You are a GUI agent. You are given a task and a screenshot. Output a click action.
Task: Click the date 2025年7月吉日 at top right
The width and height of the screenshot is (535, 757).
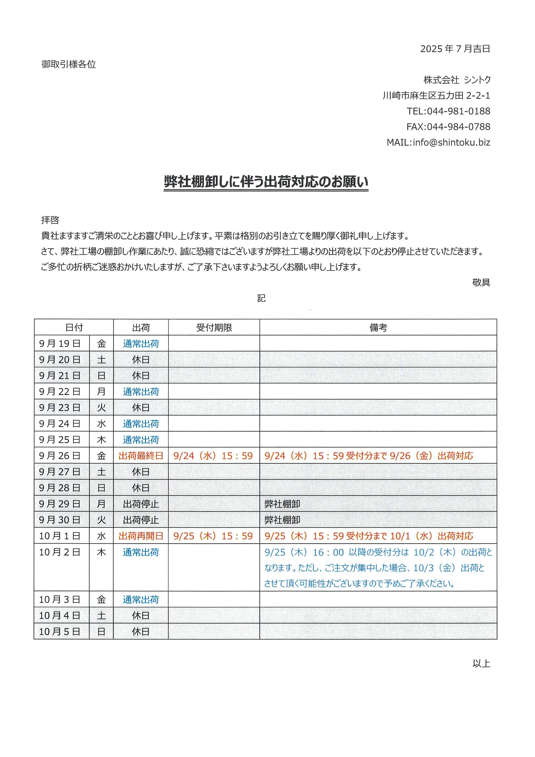tap(455, 49)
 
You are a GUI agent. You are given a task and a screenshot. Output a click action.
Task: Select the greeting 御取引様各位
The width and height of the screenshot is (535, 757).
tap(69, 64)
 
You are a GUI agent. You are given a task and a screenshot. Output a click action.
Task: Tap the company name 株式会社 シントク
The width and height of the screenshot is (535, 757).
tap(457, 80)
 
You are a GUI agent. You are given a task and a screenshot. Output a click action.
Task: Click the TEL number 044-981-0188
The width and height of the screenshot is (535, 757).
tap(458, 111)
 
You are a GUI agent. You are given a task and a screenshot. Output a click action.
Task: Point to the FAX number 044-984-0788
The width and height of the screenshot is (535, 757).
tap(458, 127)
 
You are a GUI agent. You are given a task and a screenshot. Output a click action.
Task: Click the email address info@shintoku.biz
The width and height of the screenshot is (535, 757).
tap(451, 142)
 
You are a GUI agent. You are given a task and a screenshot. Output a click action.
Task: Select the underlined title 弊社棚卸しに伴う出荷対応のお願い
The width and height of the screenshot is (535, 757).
tap(266, 182)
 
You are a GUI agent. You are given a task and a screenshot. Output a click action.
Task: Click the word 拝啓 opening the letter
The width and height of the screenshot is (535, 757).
tap(50, 220)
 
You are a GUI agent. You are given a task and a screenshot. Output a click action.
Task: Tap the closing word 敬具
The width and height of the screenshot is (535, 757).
tap(481, 283)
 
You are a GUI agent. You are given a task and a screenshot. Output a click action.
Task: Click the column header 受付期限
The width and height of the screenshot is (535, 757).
tap(214, 327)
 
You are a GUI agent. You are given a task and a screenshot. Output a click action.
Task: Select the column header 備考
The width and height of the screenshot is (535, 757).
tap(378, 327)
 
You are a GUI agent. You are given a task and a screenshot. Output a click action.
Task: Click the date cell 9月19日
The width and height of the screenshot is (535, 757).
tap(60, 344)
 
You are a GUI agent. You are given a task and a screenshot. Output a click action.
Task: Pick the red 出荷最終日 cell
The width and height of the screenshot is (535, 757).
tap(141, 456)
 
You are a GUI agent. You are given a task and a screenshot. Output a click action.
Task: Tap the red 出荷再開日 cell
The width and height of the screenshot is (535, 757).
tap(141, 536)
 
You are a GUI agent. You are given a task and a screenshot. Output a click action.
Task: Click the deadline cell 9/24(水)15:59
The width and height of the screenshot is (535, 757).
tap(213, 456)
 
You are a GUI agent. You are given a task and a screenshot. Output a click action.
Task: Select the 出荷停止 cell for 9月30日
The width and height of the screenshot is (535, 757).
tap(141, 520)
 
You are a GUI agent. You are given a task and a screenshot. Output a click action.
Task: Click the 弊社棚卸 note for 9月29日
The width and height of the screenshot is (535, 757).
tap(282, 504)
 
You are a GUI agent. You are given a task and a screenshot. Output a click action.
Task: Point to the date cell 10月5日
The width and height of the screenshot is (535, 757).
tap(60, 631)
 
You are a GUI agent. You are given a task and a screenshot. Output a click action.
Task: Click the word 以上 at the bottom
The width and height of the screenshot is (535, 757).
tap(481, 663)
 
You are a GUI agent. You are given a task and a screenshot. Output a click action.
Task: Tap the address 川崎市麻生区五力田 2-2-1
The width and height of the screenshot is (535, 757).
tap(436, 96)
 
